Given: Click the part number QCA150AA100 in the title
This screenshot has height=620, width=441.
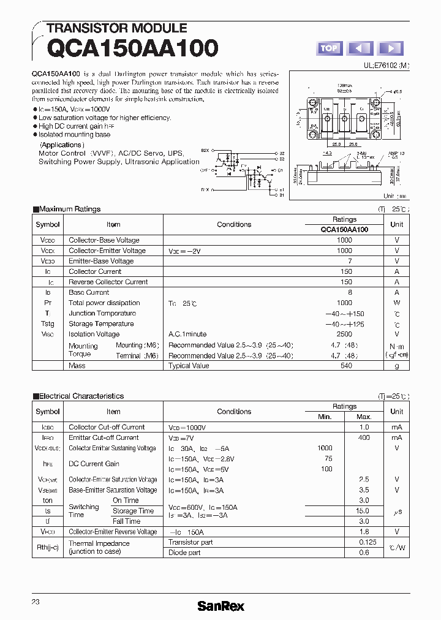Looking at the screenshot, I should pos(132,48).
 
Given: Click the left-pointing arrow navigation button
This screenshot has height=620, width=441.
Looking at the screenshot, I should pos(360,48).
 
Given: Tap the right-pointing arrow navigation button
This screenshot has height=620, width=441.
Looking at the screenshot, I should pos(390,48).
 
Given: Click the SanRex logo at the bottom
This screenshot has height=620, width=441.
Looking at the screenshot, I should pos(221,605).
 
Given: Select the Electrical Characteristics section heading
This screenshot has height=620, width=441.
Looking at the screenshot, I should pos(81,396).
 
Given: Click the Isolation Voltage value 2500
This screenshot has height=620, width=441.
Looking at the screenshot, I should pos(344,334).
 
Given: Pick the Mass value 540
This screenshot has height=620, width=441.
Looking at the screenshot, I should pos(346,366).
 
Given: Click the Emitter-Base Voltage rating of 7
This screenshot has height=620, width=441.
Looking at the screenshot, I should pos(349,261).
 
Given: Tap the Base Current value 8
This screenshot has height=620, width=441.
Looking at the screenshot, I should pos(350,292).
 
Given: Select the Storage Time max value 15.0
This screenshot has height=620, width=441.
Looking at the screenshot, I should pos(363,510).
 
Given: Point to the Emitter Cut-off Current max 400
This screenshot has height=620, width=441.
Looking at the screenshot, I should pos(364,438).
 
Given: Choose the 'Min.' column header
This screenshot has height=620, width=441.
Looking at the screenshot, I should pos(325,417).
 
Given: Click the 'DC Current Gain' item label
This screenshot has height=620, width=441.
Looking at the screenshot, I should pos(94,464).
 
